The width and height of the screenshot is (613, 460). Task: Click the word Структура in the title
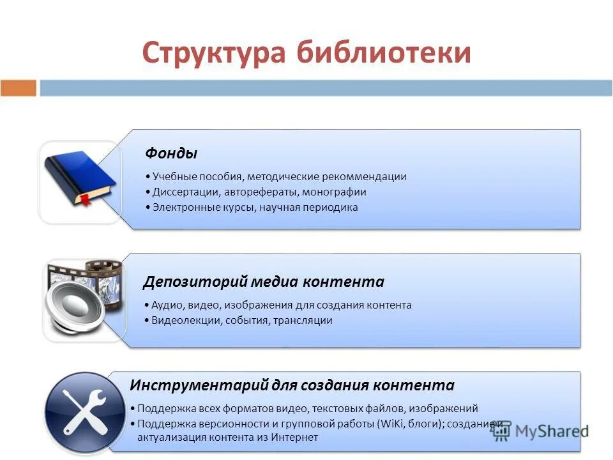tap(213, 52)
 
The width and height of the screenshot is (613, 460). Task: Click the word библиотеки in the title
tap(384, 52)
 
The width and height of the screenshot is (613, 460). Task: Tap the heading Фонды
tap(171, 153)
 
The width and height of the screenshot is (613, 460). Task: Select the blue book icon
tap(79, 176)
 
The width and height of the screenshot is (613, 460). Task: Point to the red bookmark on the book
tap(84, 201)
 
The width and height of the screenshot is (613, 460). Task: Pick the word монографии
tap(334, 192)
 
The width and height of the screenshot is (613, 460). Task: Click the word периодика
tap(330, 207)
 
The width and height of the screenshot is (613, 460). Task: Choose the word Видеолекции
tap(186, 320)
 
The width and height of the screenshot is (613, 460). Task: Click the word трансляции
tap(303, 320)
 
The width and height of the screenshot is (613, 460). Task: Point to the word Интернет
tap(294, 438)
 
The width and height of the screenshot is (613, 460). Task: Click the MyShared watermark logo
tap(540, 431)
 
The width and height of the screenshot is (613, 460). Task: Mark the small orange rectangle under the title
tap(19, 88)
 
